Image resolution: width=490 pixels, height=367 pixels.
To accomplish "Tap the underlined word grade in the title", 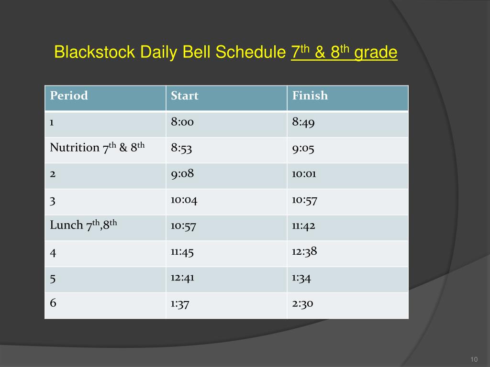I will pyautogui.click(x=376, y=53).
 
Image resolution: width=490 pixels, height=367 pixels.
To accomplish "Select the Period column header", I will pyautogui.click(x=69, y=96).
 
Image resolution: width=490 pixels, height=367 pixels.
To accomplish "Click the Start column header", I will pyautogui.click(x=185, y=96).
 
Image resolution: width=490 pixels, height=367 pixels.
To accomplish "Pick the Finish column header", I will pyautogui.click(x=310, y=96).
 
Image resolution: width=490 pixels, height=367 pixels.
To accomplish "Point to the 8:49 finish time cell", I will pyautogui.click(x=303, y=122).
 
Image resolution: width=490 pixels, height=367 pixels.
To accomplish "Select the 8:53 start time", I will pyautogui.click(x=181, y=148).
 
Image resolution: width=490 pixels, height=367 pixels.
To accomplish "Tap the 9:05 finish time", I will pyautogui.click(x=303, y=148).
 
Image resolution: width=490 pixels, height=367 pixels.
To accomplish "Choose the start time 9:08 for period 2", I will pyautogui.click(x=182, y=173).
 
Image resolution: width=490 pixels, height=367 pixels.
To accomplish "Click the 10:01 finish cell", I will pyautogui.click(x=304, y=173).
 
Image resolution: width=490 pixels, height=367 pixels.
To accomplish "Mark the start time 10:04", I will pyautogui.click(x=184, y=199).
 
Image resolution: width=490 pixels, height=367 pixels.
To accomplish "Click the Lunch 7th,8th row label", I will pyautogui.click(x=84, y=225).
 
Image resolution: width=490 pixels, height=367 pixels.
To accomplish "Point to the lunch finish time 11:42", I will pyautogui.click(x=304, y=225).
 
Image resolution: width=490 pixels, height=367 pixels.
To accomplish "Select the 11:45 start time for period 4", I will pyautogui.click(x=182, y=251).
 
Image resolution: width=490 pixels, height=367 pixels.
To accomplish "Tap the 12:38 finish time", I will pyautogui.click(x=305, y=251).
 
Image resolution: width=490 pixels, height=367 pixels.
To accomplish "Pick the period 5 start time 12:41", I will pyautogui.click(x=182, y=277).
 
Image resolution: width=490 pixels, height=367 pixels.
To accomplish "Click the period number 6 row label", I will pyautogui.click(x=53, y=303).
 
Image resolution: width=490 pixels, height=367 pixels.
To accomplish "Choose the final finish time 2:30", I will pyautogui.click(x=302, y=303).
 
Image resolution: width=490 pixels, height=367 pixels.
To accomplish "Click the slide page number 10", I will pyautogui.click(x=474, y=359).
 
